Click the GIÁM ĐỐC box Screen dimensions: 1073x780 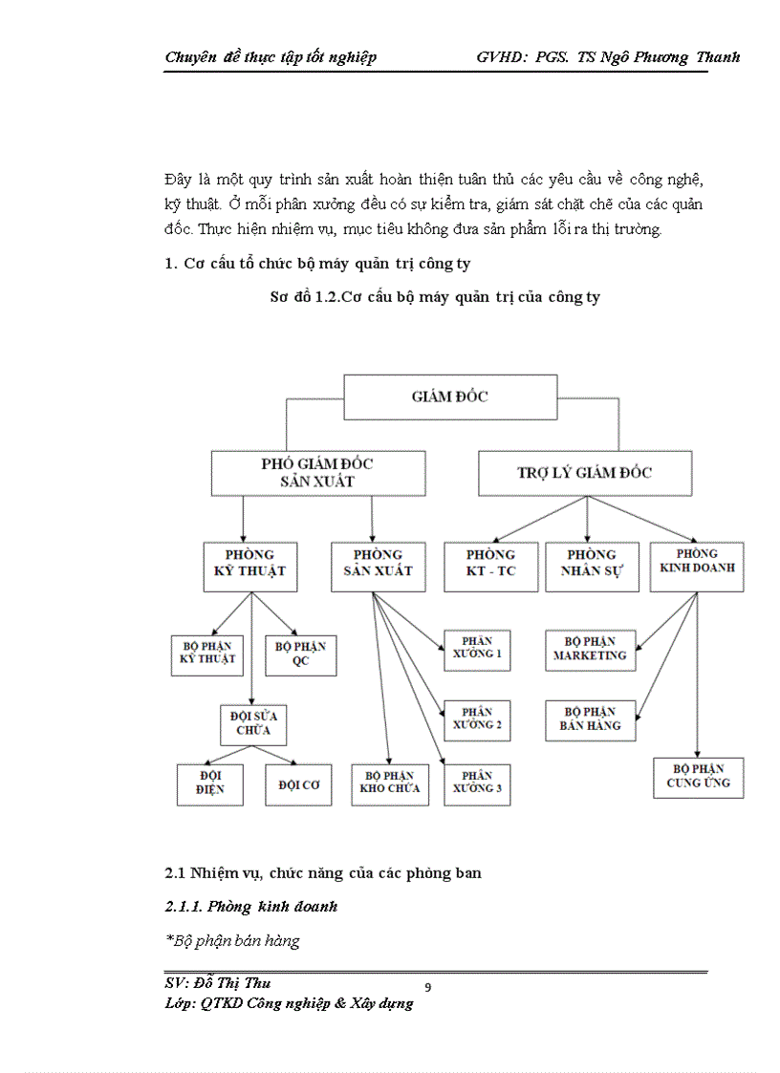[449, 397]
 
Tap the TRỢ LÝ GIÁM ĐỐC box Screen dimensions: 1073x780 [585, 472]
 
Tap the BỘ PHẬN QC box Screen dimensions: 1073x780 [300, 655]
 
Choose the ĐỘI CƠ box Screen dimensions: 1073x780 [299, 784]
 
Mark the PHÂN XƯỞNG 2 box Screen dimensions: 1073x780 [477, 719]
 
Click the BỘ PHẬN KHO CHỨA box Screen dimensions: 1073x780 [389, 783]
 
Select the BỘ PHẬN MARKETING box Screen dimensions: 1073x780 [590, 650]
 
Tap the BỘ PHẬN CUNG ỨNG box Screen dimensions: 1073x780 [698, 777]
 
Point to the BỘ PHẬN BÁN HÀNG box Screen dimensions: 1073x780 [591, 719]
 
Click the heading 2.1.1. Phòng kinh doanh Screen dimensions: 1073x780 [250, 906]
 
